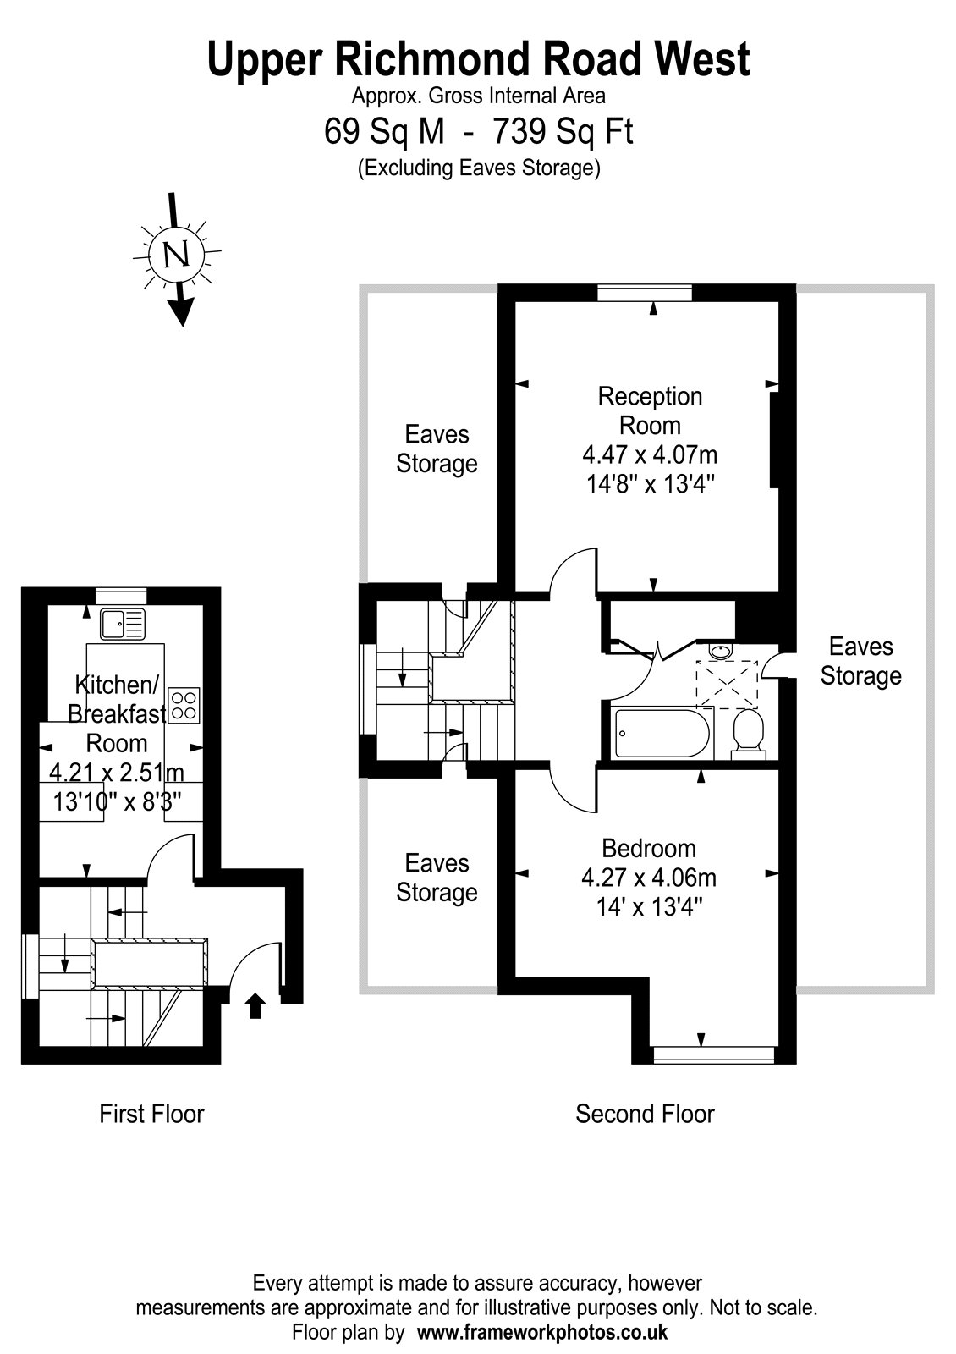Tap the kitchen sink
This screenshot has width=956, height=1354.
pos(124,624)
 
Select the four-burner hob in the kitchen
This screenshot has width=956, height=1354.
pos(184,706)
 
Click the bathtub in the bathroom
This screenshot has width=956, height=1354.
pos(662,733)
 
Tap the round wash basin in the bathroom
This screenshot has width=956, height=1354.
pos(720,652)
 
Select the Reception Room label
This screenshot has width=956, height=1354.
pos(651,411)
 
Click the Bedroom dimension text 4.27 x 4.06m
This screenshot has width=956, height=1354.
pos(649,878)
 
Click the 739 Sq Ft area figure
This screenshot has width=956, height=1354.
pos(563,131)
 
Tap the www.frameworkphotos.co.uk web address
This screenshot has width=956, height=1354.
pos(542,1332)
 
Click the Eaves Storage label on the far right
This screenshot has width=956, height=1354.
pos(860,661)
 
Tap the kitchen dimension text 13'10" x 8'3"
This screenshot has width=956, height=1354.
pos(117,802)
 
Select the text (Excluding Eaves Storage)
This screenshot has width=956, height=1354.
pos(479,168)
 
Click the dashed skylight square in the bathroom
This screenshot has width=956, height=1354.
pos(727,684)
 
